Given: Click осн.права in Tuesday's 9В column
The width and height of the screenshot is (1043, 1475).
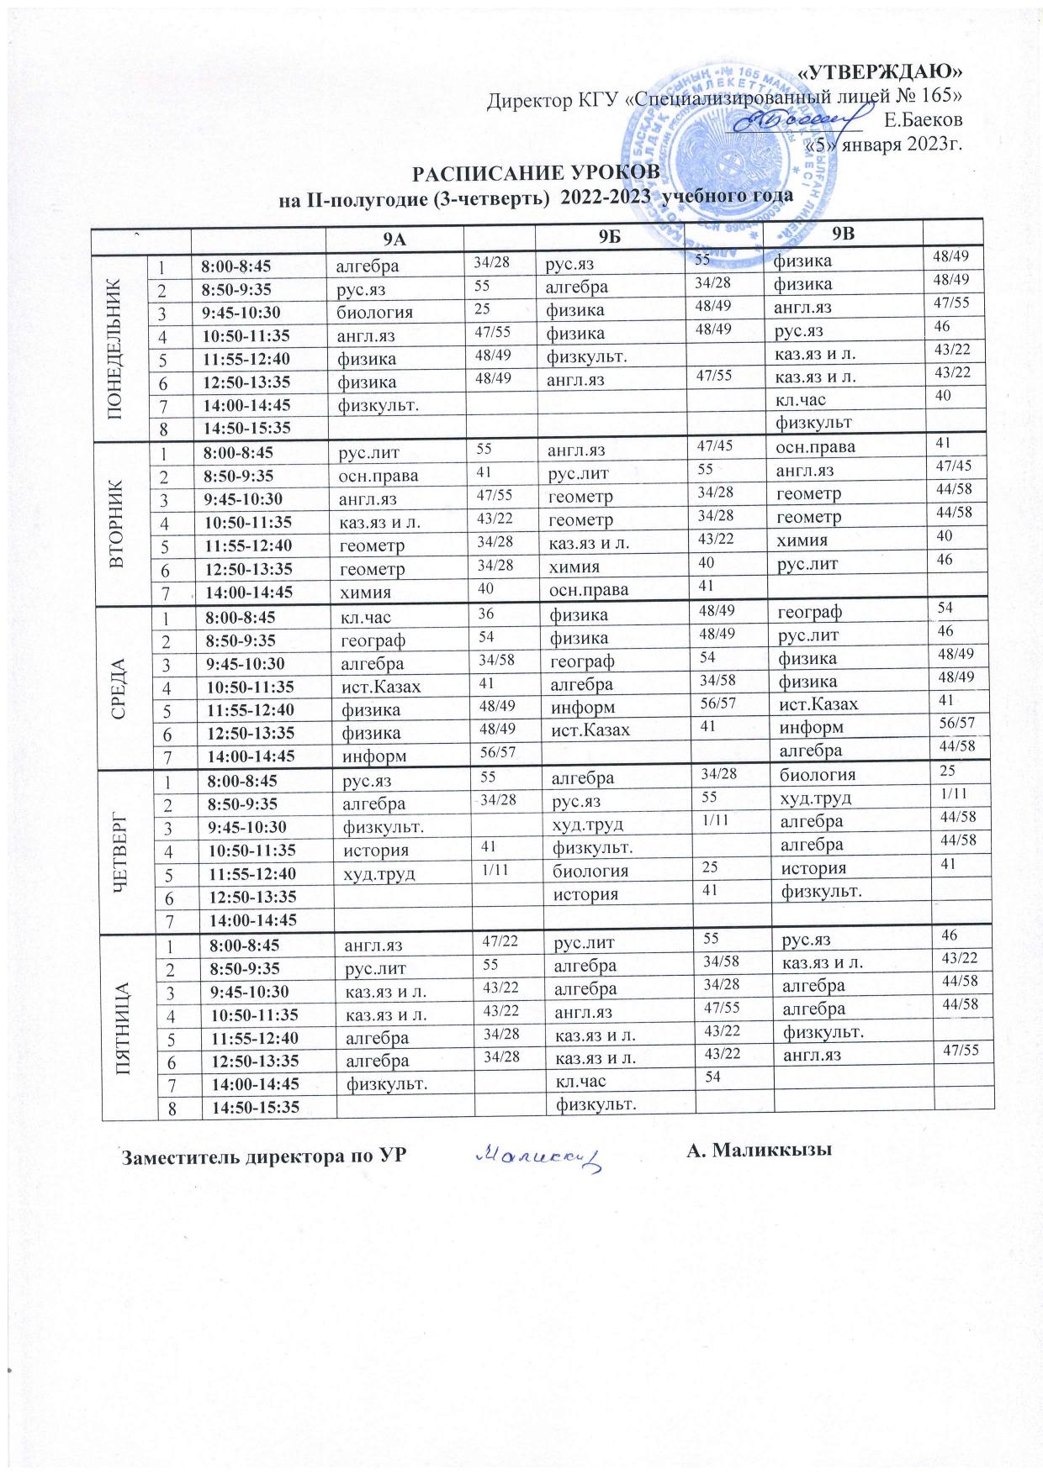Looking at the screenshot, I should (x=815, y=447).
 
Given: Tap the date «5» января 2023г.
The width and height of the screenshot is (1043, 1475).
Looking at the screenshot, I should (x=884, y=143).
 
